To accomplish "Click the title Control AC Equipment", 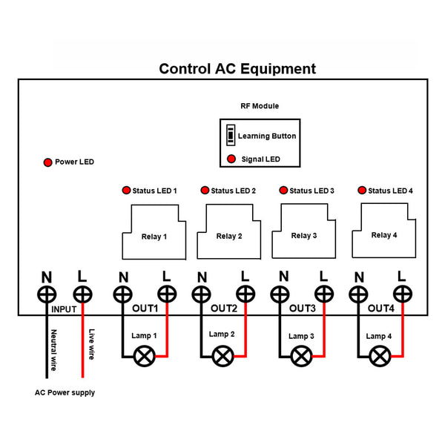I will [x=237, y=69].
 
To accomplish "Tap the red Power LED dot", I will [x=47, y=162].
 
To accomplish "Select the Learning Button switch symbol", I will [x=231, y=136].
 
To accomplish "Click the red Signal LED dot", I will [x=231, y=159].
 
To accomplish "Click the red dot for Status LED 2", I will [x=204, y=191].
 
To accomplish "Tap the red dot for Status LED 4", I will [x=361, y=191].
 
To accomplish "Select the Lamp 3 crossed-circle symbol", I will [x=300, y=356].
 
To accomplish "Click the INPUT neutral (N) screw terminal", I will [x=46, y=295].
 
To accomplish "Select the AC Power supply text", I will [x=65, y=392].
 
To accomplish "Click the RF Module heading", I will [x=260, y=106].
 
